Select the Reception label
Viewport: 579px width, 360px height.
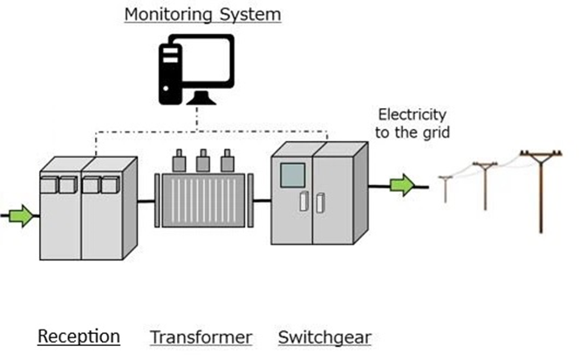click(78, 336)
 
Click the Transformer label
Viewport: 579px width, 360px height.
click(201, 336)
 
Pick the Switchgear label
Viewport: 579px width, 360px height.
click(324, 336)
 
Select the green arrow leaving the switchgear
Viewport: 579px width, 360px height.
click(401, 185)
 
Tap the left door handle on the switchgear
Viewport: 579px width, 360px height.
click(303, 201)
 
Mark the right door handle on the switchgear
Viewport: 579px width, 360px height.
click(320, 201)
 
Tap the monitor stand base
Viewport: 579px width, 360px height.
click(203, 98)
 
